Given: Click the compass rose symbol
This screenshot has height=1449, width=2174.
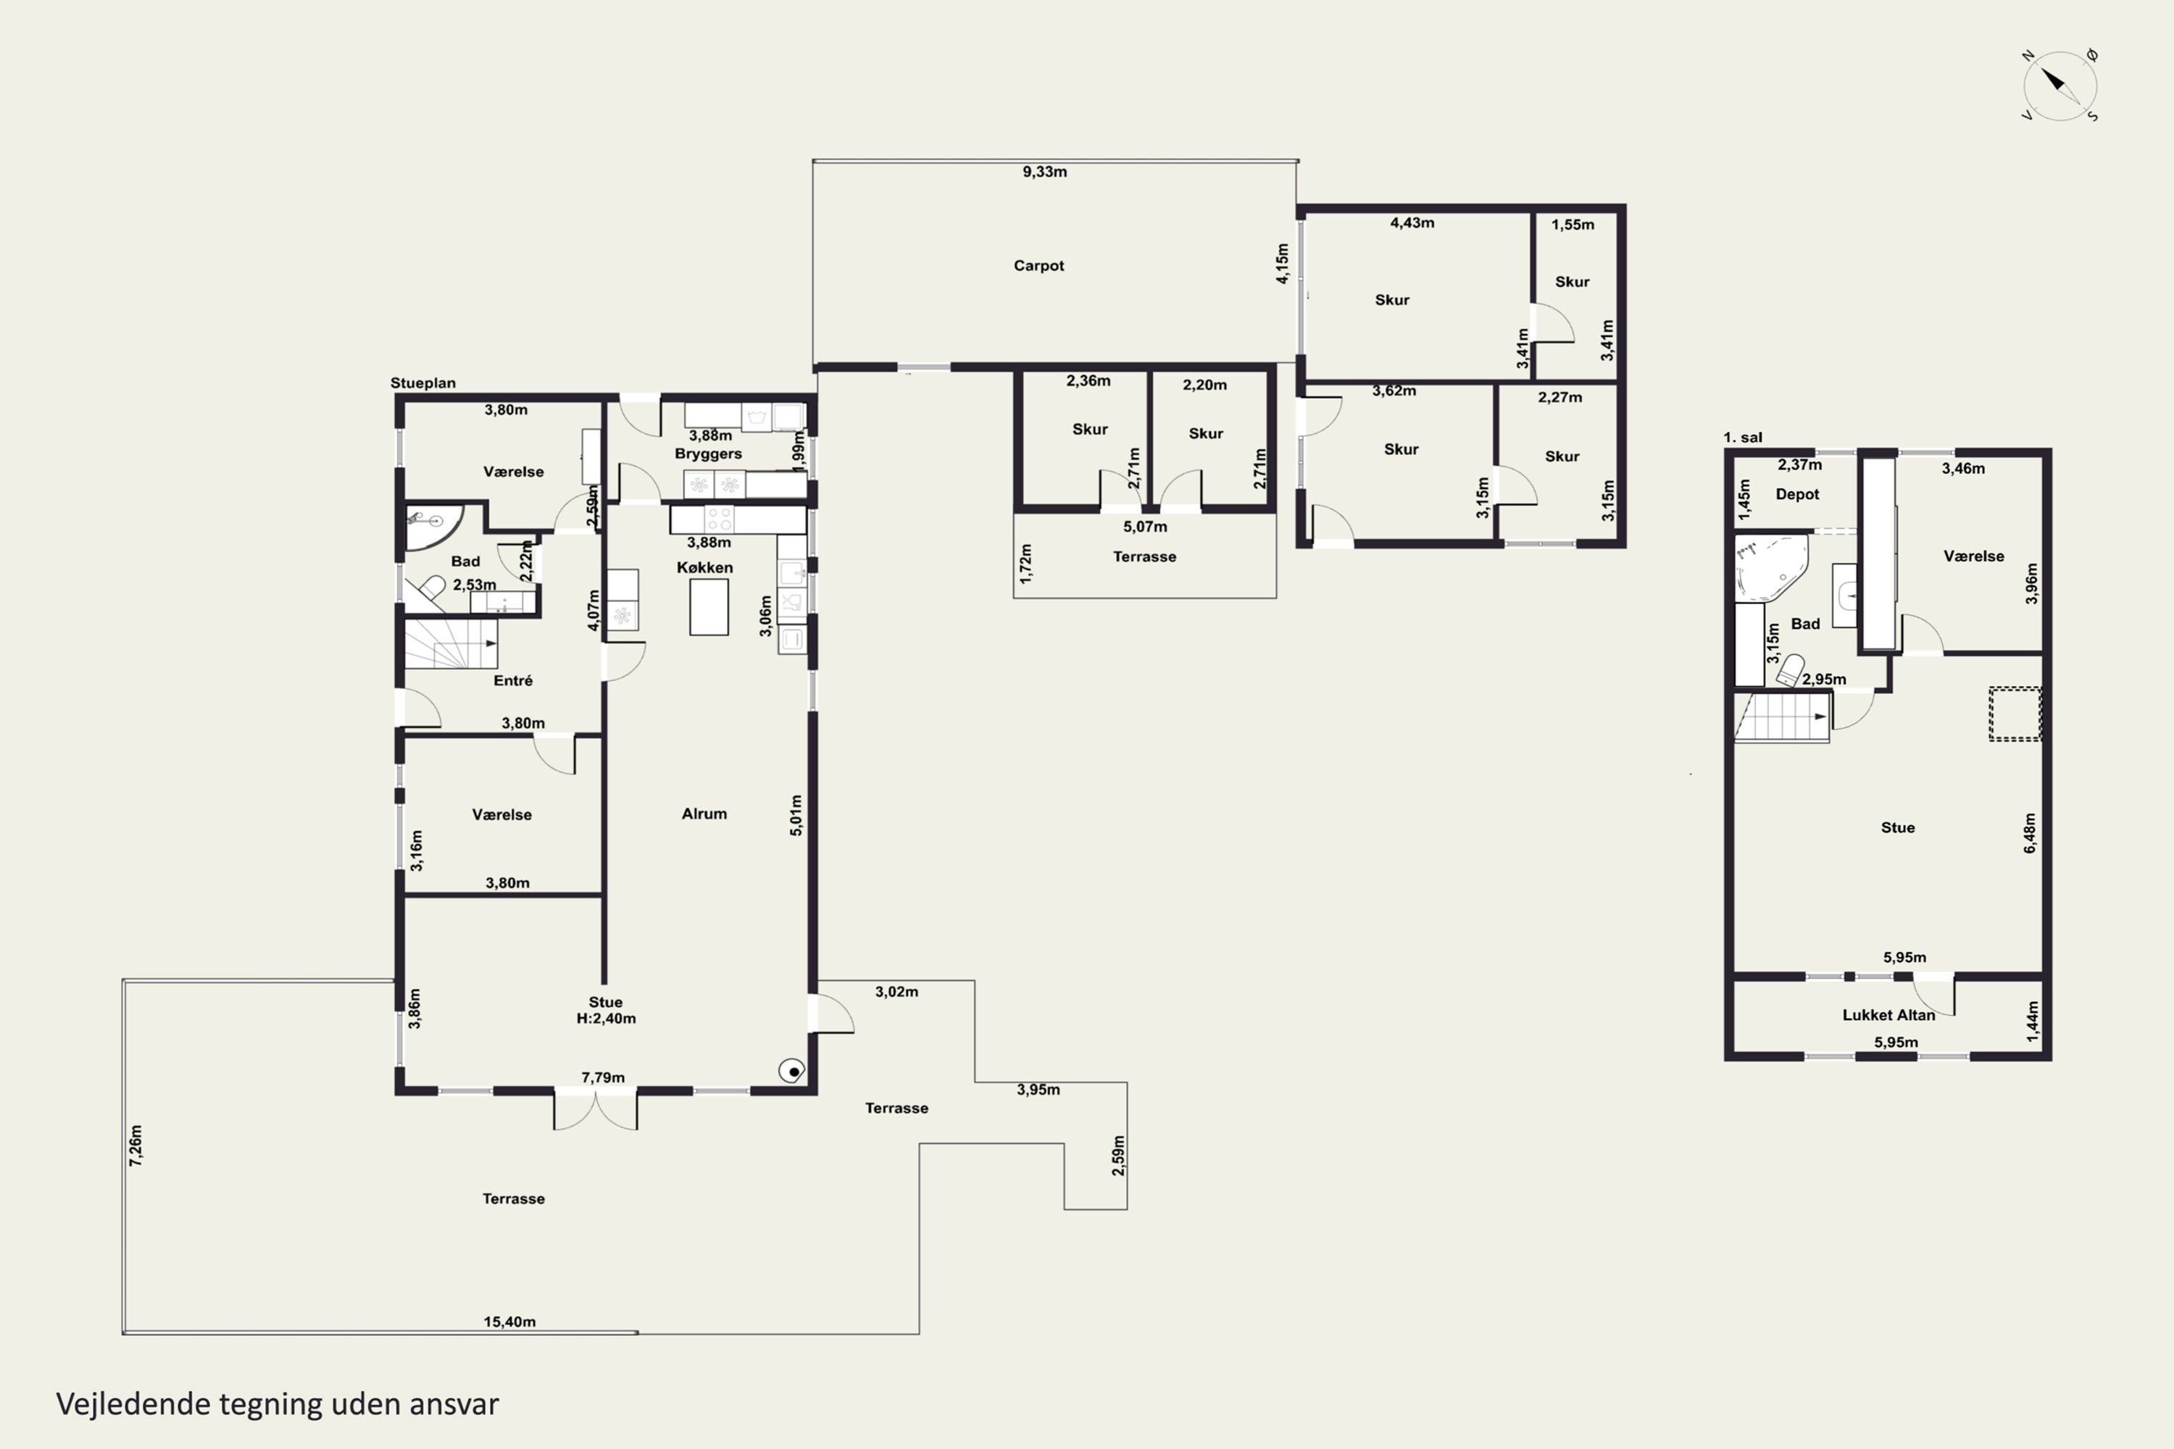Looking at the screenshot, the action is click(x=2060, y=85).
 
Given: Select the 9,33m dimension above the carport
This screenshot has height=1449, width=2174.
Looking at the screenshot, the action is click(x=1044, y=172).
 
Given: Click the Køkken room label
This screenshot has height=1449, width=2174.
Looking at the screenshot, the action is click(x=704, y=567).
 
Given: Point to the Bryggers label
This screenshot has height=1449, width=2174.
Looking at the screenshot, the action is click(x=708, y=454).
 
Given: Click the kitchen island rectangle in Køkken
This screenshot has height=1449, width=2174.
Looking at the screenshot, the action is click(x=709, y=607).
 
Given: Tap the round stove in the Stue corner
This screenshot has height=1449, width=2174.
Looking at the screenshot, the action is click(x=792, y=1071).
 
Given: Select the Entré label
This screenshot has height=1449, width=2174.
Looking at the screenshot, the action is click(x=513, y=680).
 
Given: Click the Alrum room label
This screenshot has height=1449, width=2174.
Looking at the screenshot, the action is click(x=704, y=813).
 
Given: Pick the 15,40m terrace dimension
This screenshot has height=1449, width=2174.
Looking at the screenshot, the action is click(x=509, y=1321).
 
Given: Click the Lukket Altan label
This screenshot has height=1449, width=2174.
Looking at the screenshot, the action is click(x=1888, y=1015).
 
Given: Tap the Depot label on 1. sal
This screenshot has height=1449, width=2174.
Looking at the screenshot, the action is click(x=1797, y=494).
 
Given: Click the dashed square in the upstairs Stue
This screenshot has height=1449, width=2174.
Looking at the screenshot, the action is click(x=2015, y=714).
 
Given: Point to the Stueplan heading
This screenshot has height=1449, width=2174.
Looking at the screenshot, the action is click(x=422, y=383).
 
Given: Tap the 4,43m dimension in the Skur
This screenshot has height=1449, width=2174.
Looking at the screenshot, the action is click(x=1412, y=222).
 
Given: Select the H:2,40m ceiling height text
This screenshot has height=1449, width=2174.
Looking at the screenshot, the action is click(x=607, y=1019).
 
